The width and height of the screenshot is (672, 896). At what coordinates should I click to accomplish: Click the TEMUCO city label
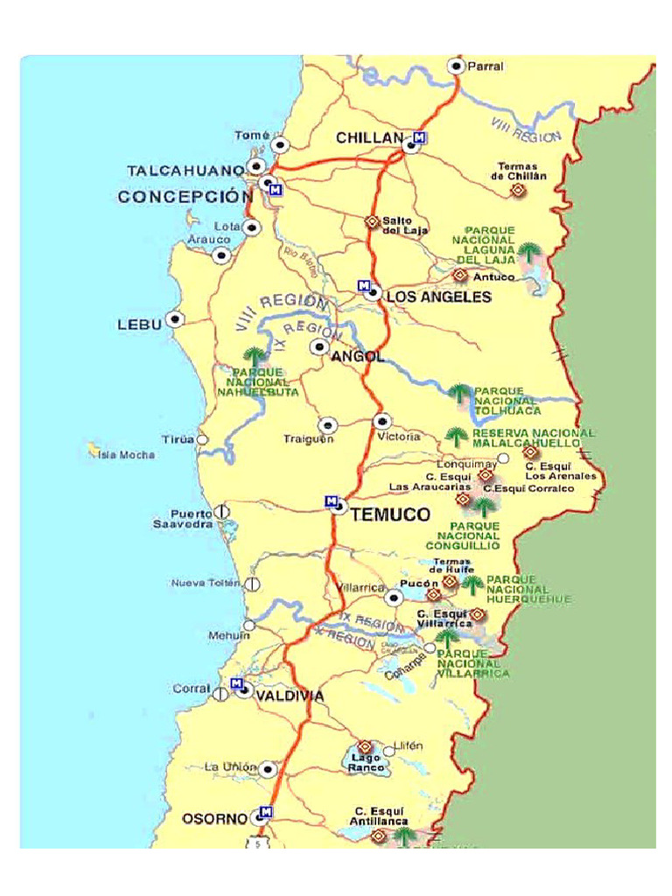coord(390,515)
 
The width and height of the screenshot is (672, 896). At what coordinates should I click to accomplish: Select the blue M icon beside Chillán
coord(420,137)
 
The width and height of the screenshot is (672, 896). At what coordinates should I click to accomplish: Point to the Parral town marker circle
coord(456,66)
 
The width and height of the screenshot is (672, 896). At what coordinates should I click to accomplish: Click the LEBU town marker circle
coord(176,320)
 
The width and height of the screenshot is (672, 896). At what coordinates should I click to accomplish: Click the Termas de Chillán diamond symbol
coord(517,190)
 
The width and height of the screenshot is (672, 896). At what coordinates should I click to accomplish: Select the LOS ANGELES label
coord(438,297)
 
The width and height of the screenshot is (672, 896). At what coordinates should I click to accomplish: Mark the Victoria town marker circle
coord(381,422)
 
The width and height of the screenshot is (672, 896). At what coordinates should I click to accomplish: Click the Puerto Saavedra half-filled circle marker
coord(222,511)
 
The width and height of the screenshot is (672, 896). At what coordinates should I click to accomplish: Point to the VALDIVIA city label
coord(290,696)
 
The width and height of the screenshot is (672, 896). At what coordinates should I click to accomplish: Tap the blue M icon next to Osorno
coord(267,811)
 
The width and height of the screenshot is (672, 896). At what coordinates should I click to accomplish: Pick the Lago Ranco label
coord(366,762)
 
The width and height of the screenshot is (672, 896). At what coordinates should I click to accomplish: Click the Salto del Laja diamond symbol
coord(372,222)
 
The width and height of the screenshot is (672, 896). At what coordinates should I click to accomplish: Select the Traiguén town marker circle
coord(326,425)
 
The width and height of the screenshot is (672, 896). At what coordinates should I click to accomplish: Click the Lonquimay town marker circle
coord(503,458)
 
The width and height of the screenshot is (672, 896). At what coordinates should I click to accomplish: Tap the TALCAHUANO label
coord(185,170)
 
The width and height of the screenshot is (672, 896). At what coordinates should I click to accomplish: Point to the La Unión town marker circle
coord(268,769)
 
